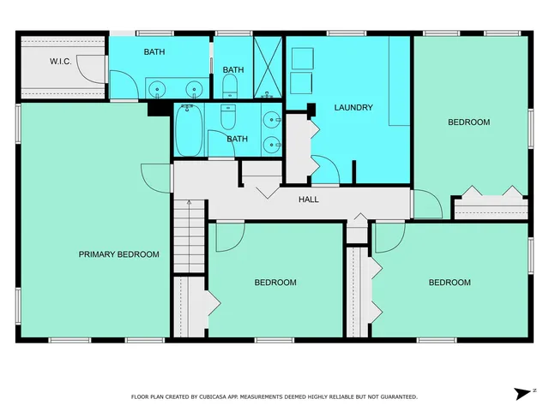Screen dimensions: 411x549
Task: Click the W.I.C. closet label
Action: pyautogui.click(x=60, y=61)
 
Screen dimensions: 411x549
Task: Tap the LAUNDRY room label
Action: pyautogui.click(x=353, y=108)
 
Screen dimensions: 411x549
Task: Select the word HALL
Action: pyautogui.click(x=309, y=200)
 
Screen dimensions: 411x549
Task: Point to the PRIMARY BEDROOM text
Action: pyautogui.click(x=118, y=254)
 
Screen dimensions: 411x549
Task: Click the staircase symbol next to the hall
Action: pyautogui.click(x=190, y=236)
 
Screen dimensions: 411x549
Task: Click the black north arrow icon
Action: pyautogui.click(x=522, y=393)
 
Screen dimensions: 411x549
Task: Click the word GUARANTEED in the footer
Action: pyautogui.click(x=397, y=397)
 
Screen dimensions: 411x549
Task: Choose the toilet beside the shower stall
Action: pyautogui.click(x=230, y=84)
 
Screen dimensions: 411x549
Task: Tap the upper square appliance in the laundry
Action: pyautogui.click(x=302, y=58)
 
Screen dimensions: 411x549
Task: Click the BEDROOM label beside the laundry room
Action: pyautogui.click(x=469, y=122)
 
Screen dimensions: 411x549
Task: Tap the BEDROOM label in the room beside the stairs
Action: pyautogui.click(x=275, y=283)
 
